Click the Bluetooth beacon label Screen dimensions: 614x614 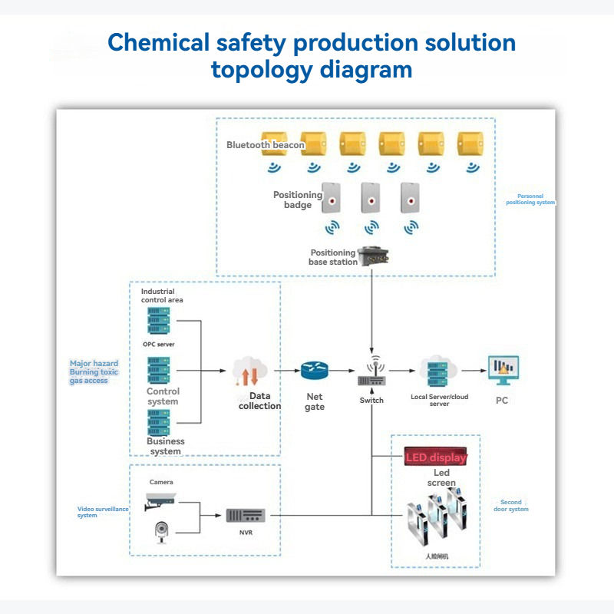click(266, 144)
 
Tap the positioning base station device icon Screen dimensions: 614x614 click(372, 256)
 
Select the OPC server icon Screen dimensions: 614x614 click(158, 321)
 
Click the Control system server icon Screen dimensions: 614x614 click(158, 371)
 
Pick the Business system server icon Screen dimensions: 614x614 click(159, 422)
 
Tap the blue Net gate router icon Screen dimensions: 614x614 click(314, 371)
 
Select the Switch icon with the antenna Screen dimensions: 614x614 click(371, 373)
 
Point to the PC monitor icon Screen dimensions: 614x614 click(503, 371)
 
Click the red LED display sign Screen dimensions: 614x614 click(435, 458)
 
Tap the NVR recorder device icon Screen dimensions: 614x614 click(245, 515)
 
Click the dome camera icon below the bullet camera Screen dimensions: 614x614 click(161, 530)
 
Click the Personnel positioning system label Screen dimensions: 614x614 click(530, 199)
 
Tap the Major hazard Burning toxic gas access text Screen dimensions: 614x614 click(94, 372)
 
